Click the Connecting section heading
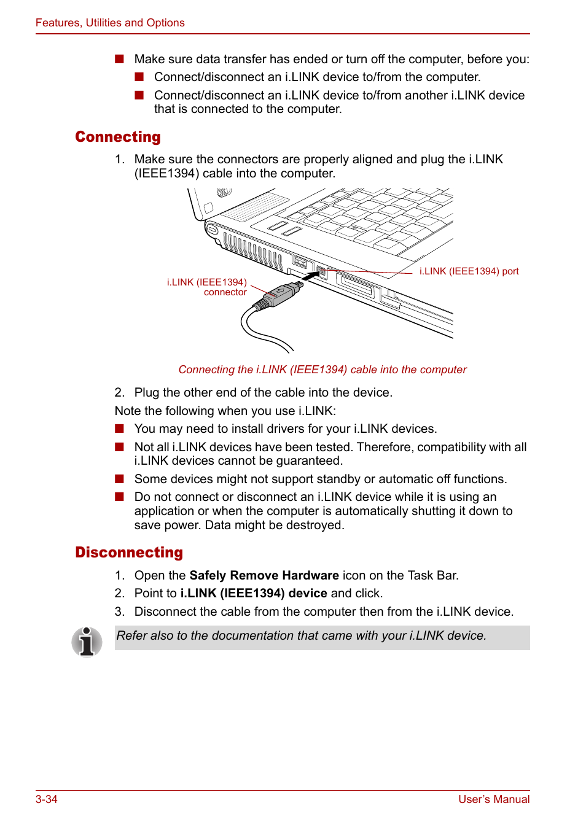[118, 137]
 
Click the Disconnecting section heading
[129, 553]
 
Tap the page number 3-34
[47, 799]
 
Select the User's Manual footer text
[494, 799]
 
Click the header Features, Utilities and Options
[110, 23]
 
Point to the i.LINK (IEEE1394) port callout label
[469, 271]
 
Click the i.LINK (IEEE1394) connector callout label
[207, 287]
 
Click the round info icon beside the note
[87, 642]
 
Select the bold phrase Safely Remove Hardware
[264, 575]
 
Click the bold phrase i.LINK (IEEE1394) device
[254, 593]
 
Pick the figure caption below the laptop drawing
[322, 370]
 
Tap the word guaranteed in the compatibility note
[309, 460]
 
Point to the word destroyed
[316, 525]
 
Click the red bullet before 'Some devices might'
[119, 479]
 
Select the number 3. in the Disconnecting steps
[120, 611]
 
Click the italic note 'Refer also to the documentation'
[301, 636]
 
